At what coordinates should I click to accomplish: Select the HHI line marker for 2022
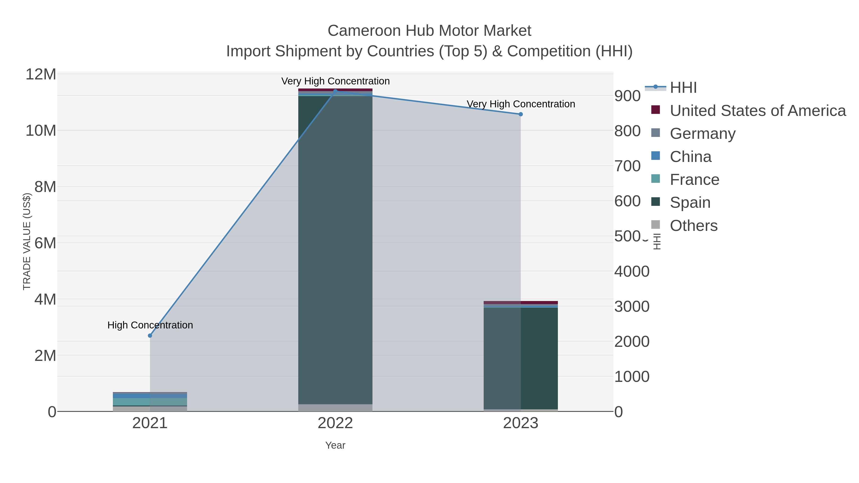(335, 91)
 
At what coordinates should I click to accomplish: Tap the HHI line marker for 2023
(521, 114)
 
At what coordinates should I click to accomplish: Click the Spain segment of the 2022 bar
(335, 250)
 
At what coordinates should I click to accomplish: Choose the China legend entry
(691, 157)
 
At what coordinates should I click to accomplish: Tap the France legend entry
(695, 180)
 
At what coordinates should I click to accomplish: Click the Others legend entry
(694, 226)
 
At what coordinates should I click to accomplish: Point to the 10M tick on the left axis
(41, 131)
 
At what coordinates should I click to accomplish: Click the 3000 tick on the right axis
(632, 307)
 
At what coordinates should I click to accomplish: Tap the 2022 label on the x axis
(335, 423)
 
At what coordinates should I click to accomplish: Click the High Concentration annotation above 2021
(150, 325)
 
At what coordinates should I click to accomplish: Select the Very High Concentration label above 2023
(521, 104)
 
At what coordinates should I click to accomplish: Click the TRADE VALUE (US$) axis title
(27, 242)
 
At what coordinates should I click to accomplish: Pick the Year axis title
(335, 445)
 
